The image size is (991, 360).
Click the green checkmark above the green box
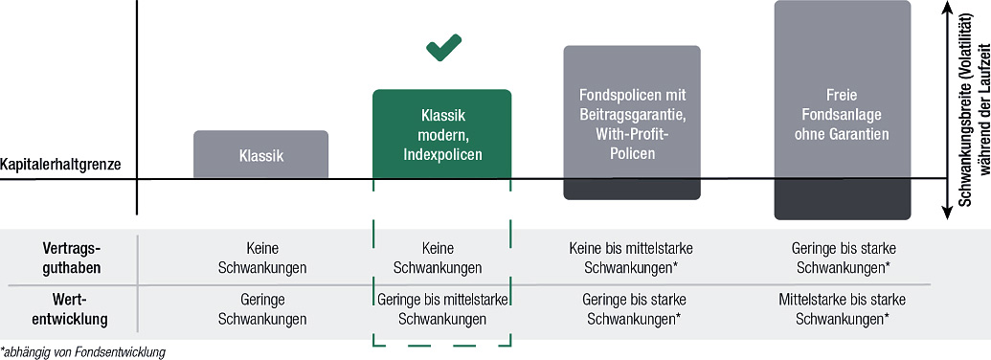(443, 48)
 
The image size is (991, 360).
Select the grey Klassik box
(261, 154)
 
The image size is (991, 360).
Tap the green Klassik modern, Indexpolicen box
(441, 134)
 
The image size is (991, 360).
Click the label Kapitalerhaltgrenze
(60, 165)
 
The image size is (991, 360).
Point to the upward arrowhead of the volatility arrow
(947, 8)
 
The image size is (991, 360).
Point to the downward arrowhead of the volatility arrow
(947, 213)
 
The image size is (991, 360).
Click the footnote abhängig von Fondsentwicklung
(82, 351)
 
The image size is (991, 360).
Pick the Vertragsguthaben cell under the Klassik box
(262, 258)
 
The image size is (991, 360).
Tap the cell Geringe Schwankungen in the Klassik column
(262, 309)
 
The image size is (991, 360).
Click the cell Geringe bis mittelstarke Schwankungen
(442, 309)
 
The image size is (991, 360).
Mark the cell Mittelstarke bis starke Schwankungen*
(844, 309)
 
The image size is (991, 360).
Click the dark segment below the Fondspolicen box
(632, 189)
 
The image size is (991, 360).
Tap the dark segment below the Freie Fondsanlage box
(843, 199)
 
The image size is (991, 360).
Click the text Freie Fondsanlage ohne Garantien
(844, 116)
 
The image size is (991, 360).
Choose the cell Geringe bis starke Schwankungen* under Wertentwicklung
(633, 309)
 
